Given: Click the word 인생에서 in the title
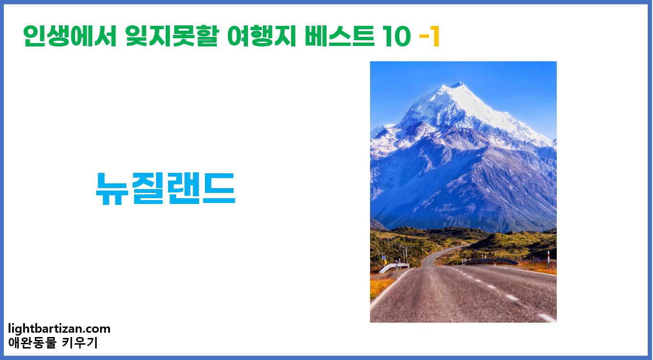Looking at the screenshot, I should click(70, 37).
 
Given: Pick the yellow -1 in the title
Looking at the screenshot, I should click(429, 37).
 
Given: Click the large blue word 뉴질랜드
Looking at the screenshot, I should click(165, 188).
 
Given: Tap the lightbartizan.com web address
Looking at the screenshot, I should click(59, 329).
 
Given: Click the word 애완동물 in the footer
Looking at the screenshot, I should click(32, 343).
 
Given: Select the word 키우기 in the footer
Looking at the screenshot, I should click(80, 343).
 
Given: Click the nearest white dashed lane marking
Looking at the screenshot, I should click(546, 317).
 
